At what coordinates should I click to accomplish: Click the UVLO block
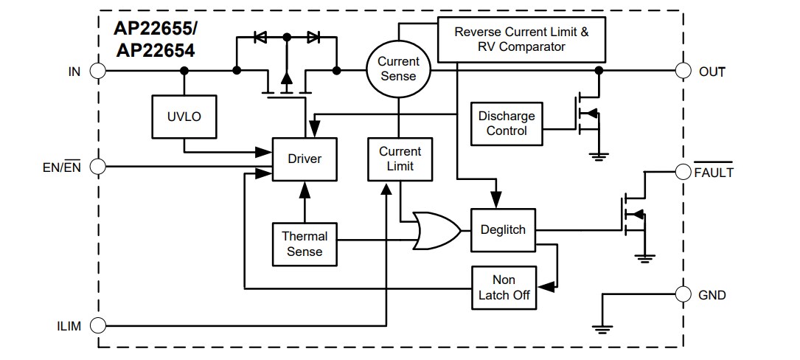pos(184,117)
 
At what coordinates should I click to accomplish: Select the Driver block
pos(305,159)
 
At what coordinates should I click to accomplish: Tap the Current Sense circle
pos(398,69)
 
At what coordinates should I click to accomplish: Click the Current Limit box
pos(400,159)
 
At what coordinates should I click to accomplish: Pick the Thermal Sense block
pos(305,244)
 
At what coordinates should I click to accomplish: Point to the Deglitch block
pos(503,229)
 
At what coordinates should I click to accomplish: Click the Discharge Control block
pos(507,124)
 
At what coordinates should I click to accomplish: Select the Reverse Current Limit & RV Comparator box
pos(521,40)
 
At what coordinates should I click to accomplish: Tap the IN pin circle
pos(97,71)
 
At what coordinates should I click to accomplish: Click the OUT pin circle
pos(684,71)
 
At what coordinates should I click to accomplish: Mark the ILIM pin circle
pos(97,325)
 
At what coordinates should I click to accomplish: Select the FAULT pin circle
pos(684,172)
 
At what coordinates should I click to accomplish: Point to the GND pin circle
pos(684,294)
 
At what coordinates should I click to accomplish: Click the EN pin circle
pos(97,167)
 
